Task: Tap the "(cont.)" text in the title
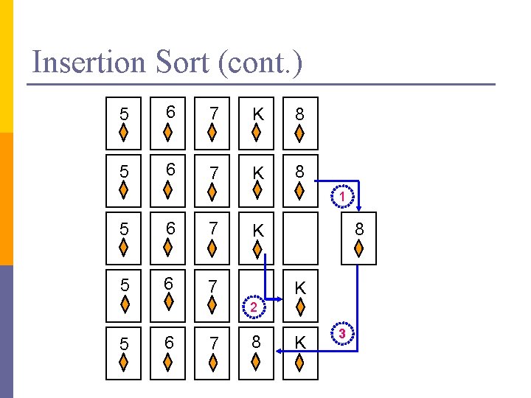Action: (260, 62)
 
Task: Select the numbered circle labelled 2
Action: (252, 307)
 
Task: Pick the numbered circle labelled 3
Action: (342, 333)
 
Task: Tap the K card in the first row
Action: (256, 123)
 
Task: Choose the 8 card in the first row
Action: (299, 123)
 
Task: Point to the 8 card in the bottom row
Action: (256, 355)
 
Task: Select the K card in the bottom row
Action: (299, 355)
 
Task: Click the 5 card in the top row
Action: (125, 123)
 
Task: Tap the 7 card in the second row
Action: (212, 181)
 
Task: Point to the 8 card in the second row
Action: (299, 181)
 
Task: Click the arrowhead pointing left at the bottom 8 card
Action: (280, 352)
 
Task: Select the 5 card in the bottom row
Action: (125, 355)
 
